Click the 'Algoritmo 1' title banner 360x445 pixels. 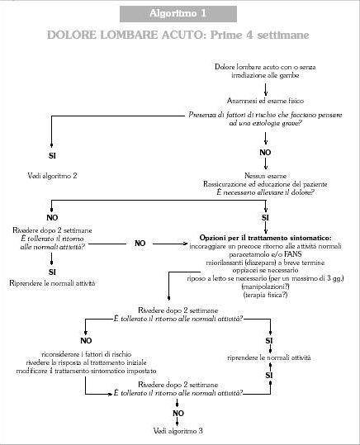pos(178,13)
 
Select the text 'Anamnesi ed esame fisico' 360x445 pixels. pos(265,101)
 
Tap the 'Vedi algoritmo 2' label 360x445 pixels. pos(52,176)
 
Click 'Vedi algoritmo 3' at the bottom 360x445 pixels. pos(178,431)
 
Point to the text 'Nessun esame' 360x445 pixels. pos(265,176)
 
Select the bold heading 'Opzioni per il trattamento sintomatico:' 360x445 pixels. pos(265,238)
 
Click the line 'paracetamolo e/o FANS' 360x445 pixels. pos(265,254)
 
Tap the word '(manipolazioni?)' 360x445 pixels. pos(265,286)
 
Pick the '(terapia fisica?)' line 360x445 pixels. pos(265,295)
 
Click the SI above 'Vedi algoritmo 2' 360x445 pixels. pos(52,156)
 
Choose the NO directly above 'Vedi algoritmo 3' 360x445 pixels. pos(178,413)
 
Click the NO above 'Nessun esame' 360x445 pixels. pos(265,153)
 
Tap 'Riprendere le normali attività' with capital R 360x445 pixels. pos(52,283)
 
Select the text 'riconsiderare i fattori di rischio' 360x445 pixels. pos(87,354)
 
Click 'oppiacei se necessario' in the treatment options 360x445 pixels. pos(265,270)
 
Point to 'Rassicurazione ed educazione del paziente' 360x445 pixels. pos(265,184)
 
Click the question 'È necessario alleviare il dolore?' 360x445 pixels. pos(265,192)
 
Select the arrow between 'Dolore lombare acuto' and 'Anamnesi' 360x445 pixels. pos(265,89)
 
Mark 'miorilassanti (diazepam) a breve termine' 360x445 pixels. pos(265,263)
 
